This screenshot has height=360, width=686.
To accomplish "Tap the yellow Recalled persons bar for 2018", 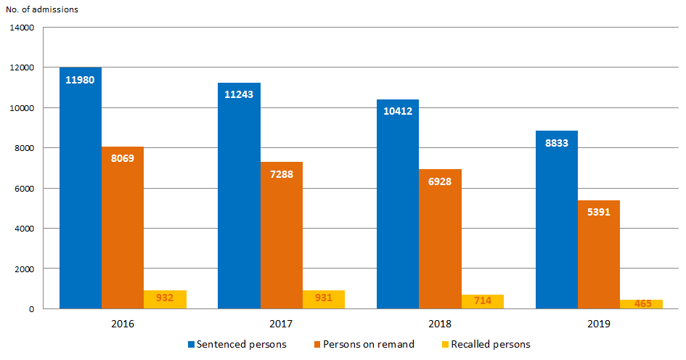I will pyautogui.click(x=483, y=301).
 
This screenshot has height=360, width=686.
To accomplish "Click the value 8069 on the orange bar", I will pyautogui.click(x=122, y=158).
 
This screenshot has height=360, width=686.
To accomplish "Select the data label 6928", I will pyautogui.click(x=440, y=181).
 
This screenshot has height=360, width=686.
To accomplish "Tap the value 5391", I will pyautogui.click(x=599, y=213).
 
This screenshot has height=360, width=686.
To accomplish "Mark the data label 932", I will pyautogui.click(x=165, y=298).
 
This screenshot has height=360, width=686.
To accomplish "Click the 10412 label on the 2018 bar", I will pyautogui.click(x=397, y=111).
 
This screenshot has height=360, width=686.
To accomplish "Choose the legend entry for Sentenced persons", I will pyautogui.click(x=237, y=344).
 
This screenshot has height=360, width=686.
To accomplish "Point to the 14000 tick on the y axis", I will pyautogui.click(x=22, y=28).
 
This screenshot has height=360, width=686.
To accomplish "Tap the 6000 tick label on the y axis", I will pyautogui.click(x=24, y=189).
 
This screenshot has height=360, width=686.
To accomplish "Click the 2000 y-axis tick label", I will pyautogui.click(x=24, y=269).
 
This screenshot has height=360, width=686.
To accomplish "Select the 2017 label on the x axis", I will pyautogui.click(x=282, y=323).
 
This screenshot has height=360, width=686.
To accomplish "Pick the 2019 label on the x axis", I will pyautogui.click(x=599, y=323).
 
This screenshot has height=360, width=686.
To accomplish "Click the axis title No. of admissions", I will pyautogui.click(x=42, y=9).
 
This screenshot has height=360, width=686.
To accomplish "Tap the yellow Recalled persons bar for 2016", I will pyautogui.click(x=165, y=300).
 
